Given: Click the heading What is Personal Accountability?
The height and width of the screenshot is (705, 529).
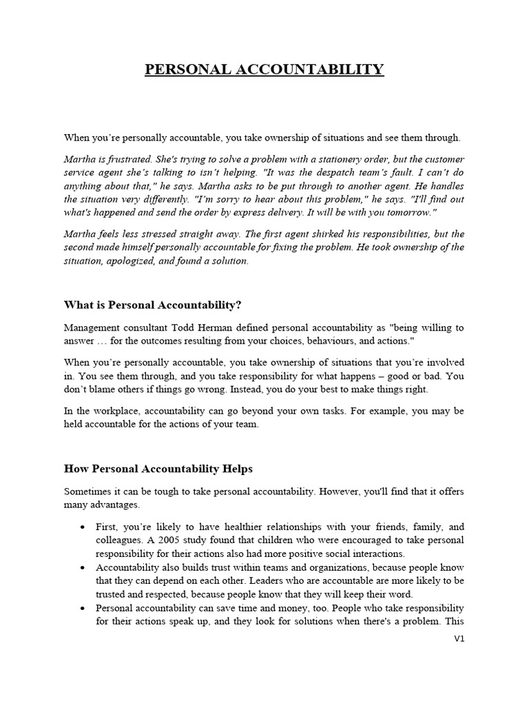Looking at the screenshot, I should pyautogui.click(x=153, y=304).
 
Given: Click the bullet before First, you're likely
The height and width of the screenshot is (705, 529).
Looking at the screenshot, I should pyautogui.click(x=83, y=527).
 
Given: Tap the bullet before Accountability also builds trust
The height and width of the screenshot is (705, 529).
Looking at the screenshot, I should pyautogui.click(x=83, y=568).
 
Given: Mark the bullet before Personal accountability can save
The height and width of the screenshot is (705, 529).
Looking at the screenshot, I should pyautogui.click(x=83, y=609).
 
